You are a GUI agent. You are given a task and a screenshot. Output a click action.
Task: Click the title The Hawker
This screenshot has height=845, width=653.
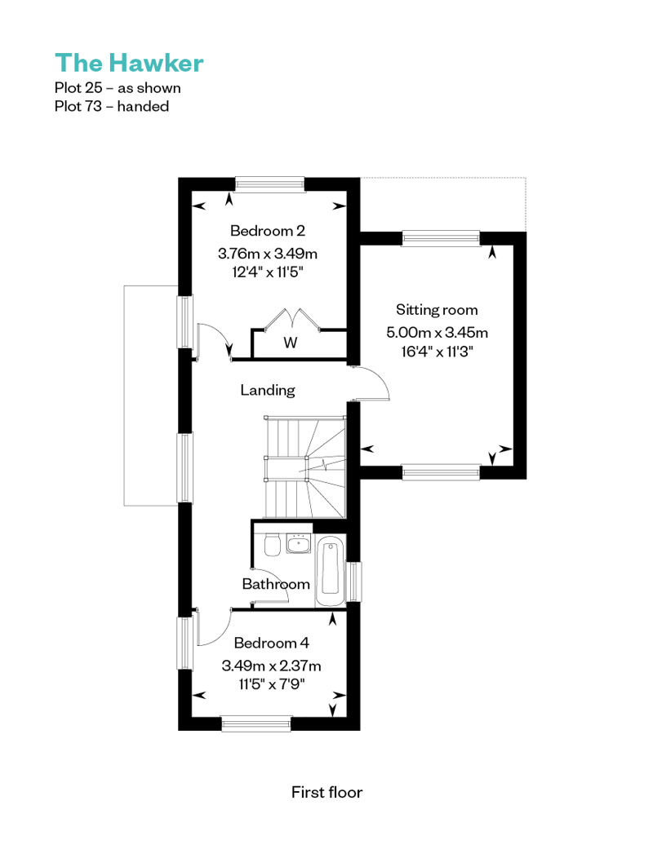[129, 63]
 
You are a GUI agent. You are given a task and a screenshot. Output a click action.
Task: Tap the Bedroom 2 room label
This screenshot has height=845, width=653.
[268, 231]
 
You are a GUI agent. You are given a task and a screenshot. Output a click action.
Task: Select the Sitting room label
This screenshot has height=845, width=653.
[437, 310]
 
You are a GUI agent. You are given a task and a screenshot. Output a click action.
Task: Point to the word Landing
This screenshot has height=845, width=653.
[268, 390]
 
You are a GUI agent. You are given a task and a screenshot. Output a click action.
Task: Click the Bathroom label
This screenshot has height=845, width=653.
[276, 584]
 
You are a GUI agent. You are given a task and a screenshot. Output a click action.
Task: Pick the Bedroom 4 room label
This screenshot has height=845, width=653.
[271, 643]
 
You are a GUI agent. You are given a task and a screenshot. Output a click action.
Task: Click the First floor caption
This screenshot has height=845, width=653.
[326, 792]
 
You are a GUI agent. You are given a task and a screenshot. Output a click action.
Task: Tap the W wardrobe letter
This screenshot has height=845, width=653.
[290, 343]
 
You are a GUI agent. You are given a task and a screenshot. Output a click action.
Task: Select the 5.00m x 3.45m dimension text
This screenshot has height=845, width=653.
[438, 333]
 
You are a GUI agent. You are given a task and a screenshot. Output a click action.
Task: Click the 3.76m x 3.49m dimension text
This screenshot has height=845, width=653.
[268, 254]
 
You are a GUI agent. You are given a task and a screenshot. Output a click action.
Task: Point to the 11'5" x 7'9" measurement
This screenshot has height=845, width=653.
[272, 684]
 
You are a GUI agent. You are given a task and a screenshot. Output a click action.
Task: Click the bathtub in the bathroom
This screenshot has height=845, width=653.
[330, 571]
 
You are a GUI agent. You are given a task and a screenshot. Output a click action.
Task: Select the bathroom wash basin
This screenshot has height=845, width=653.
[298, 544]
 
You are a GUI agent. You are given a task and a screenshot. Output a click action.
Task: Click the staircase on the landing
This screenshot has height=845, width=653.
[304, 467]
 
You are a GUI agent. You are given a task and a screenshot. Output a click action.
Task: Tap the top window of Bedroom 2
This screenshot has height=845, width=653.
[270, 184]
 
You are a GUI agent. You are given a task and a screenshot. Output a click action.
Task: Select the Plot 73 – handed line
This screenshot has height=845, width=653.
[112, 106]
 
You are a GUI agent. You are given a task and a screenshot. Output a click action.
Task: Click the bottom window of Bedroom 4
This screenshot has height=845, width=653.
[256, 723]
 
